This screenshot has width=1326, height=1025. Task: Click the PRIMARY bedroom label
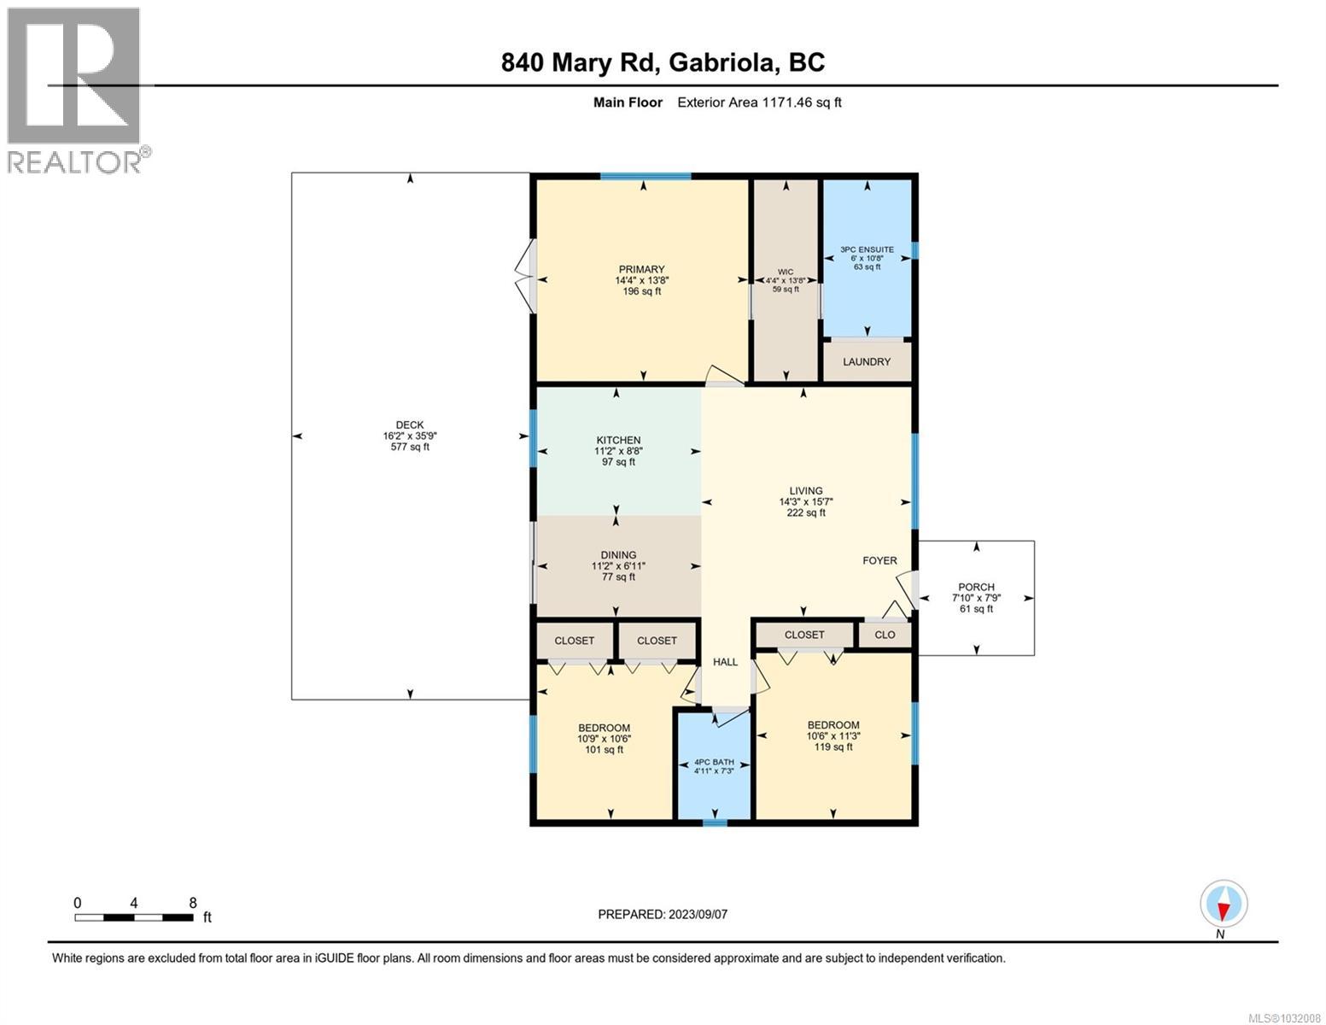pos(641,280)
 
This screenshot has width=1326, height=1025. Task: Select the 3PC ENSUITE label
pos(867,258)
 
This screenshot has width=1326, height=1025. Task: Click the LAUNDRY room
pos(867,362)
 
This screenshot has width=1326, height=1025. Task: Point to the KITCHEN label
pos(618,451)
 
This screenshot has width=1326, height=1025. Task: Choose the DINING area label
pos(618,565)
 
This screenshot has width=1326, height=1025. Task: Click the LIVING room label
pos(806,502)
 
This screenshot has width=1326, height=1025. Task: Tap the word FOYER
pos(879,561)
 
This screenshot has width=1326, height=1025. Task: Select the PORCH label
pos(976,598)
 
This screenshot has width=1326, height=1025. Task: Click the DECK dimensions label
pos(410,436)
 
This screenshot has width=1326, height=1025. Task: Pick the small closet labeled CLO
pos(885,635)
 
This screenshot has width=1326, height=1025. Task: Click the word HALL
pos(725,662)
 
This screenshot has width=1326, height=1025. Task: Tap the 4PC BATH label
pos(714,766)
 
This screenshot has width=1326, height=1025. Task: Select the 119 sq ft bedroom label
pos(833,735)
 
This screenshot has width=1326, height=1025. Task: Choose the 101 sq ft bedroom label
pos(605,739)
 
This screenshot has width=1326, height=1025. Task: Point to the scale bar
pos(134,917)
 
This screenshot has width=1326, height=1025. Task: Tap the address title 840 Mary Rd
pos(663,62)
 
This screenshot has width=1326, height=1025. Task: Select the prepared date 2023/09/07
pos(663,914)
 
